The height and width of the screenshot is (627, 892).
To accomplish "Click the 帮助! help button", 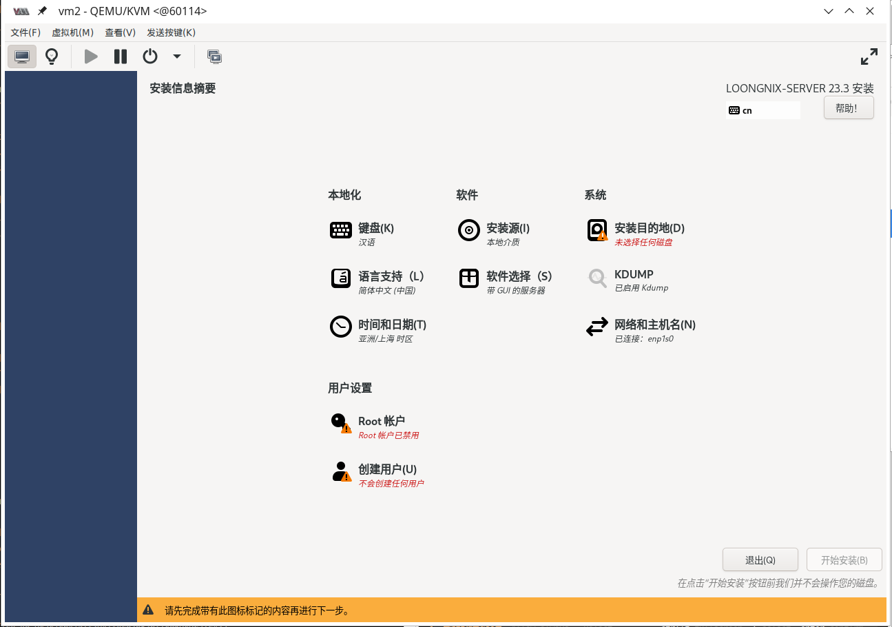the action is pyautogui.click(x=849, y=108).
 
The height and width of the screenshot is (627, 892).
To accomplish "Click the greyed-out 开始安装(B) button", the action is pyautogui.click(x=844, y=559).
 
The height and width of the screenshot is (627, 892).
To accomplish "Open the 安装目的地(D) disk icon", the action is pyautogui.click(x=597, y=230).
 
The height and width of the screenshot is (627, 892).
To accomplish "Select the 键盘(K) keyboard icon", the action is pyautogui.click(x=340, y=230).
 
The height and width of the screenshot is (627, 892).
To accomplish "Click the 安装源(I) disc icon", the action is pyautogui.click(x=468, y=230).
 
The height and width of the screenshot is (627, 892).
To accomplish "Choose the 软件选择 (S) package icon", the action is pyautogui.click(x=468, y=278).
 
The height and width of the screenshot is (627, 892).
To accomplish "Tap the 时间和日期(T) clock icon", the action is pyautogui.click(x=340, y=327).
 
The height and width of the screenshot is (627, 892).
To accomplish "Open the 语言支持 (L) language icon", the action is pyautogui.click(x=340, y=278).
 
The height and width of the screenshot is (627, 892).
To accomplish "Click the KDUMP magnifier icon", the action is pyautogui.click(x=597, y=278).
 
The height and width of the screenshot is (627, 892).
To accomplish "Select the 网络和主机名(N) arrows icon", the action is pyautogui.click(x=597, y=327).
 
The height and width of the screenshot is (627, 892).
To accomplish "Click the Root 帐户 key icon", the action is pyautogui.click(x=341, y=423).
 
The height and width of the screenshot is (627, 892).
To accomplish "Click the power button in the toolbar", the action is pyautogui.click(x=150, y=56).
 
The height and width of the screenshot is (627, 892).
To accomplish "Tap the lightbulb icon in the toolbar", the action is pyautogui.click(x=52, y=56).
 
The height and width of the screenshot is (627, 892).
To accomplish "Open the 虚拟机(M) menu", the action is pyautogui.click(x=72, y=32).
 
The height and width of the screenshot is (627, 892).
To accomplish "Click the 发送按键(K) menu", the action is pyautogui.click(x=172, y=32).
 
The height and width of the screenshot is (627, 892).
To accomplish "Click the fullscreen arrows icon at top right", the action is pyautogui.click(x=869, y=56).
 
